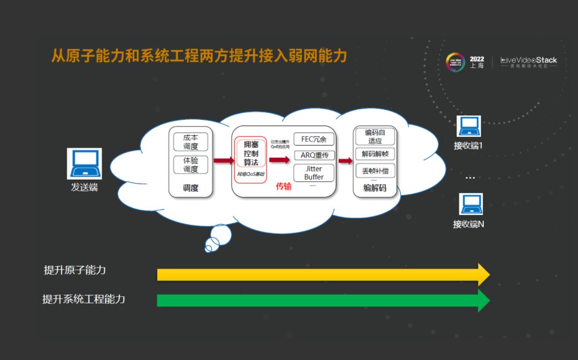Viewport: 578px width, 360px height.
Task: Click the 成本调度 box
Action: point(191,142)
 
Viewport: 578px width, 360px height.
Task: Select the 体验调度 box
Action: point(191,165)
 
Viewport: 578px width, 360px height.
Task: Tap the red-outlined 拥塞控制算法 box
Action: point(250,154)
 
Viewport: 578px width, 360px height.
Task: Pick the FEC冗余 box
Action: point(314,139)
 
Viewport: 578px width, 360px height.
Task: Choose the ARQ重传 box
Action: point(314,156)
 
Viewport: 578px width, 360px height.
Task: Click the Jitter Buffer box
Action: point(314,173)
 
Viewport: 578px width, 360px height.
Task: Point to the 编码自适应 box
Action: point(375,137)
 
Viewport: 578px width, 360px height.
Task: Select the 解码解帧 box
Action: point(375,154)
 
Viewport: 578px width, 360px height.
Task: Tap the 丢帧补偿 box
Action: point(375,171)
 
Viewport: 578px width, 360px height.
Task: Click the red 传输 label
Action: point(284,187)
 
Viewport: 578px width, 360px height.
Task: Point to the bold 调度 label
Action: point(191,188)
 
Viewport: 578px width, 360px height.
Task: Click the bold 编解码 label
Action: point(375,188)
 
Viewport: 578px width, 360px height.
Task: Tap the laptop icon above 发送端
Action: point(85,164)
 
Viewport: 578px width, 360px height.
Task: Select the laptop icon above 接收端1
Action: point(468,126)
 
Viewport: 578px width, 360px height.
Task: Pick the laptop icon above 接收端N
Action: point(470,204)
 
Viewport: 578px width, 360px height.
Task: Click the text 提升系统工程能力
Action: point(84,299)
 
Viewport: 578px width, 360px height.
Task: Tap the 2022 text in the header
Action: point(477,58)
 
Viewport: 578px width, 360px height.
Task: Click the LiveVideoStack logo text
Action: point(529,60)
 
